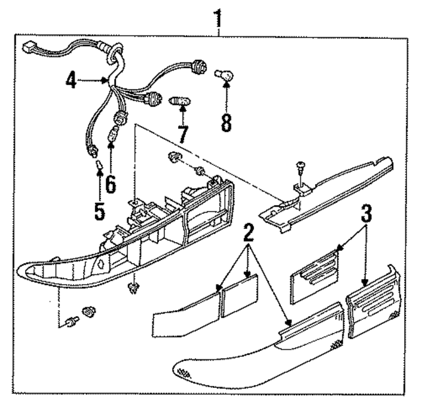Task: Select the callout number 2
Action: tap(249, 232)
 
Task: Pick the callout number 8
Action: tap(226, 121)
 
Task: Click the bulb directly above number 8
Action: tap(225, 78)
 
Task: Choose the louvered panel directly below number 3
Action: tap(315, 270)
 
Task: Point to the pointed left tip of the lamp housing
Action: tap(23, 269)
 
